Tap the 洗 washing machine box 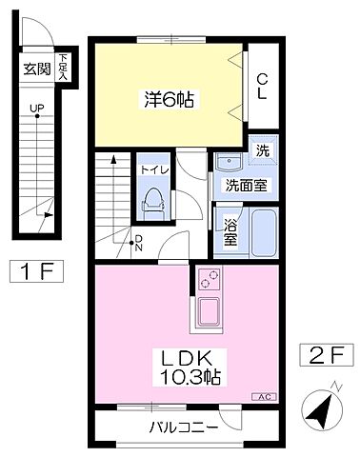click(263, 150)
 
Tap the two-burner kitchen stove click(209, 281)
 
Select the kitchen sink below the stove click(209, 311)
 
